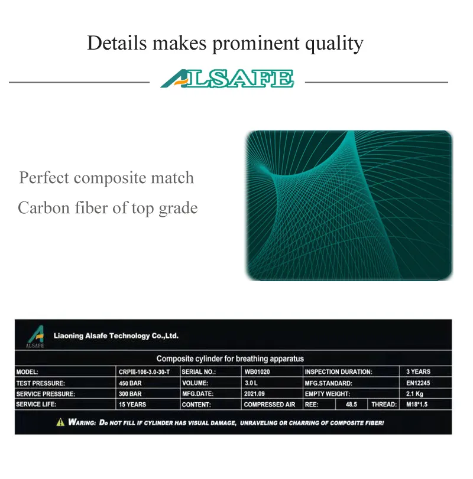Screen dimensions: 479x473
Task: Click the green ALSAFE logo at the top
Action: click(227, 79)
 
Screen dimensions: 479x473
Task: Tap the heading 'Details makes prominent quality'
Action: click(225, 43)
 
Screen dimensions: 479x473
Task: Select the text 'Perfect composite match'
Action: click(106, 178)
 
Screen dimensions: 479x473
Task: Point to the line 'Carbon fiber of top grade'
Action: click(108, 208)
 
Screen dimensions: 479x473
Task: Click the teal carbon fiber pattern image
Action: click(349, 205)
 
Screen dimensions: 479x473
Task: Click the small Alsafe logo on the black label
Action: click(35, 337)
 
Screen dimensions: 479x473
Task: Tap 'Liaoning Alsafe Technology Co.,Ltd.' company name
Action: click(116, 335)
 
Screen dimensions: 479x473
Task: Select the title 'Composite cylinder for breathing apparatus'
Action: click(230, 359)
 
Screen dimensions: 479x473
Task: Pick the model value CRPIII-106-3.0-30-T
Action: click(145, 372)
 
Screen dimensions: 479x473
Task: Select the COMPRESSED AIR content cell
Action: click(269, 405)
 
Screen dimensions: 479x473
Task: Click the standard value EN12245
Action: click(418, 383)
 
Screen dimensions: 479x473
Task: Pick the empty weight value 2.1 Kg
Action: click(414, 394)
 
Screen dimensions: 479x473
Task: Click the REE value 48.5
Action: click(352, 405)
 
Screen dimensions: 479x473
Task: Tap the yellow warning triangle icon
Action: click(60, 422)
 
